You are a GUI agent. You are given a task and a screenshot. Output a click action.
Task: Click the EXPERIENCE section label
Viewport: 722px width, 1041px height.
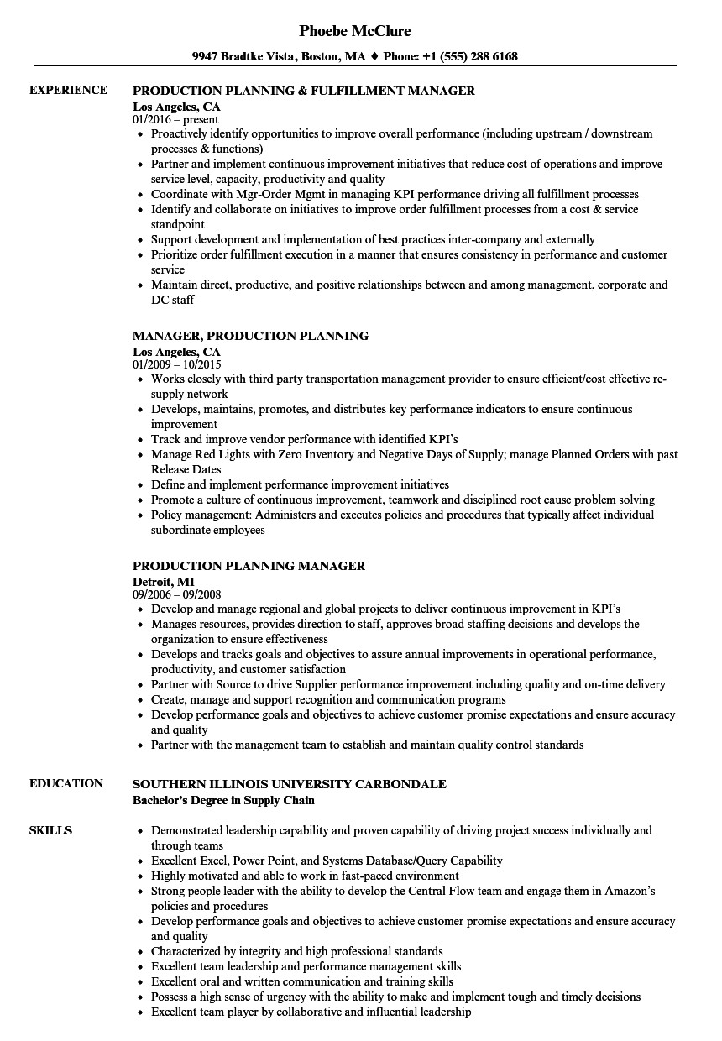(x=68, y=90)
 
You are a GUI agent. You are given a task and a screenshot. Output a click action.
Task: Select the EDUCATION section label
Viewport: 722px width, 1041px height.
(x=65, y=783)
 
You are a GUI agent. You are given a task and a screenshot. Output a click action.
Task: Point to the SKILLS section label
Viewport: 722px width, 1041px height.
(x=50, y=830)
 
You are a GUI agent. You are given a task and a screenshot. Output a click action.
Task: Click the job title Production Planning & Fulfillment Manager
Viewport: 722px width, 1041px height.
(x=304, y=91)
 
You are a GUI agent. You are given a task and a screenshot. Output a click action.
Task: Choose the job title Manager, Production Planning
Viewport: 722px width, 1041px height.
(x=250, y=336)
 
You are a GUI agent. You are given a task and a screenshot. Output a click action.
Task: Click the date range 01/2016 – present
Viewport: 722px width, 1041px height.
(x=175, y=120)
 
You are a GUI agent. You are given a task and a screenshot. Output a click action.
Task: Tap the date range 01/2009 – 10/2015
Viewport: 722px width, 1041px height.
(x=176, y=365)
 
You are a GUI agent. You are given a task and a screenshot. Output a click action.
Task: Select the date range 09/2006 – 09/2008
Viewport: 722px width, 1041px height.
(x=176, y=595)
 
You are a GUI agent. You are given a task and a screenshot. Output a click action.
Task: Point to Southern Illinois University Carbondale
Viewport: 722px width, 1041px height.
(x=290, y=784)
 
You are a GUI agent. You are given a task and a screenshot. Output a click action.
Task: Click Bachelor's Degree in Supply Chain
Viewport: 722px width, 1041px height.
(x=223, y=800)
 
